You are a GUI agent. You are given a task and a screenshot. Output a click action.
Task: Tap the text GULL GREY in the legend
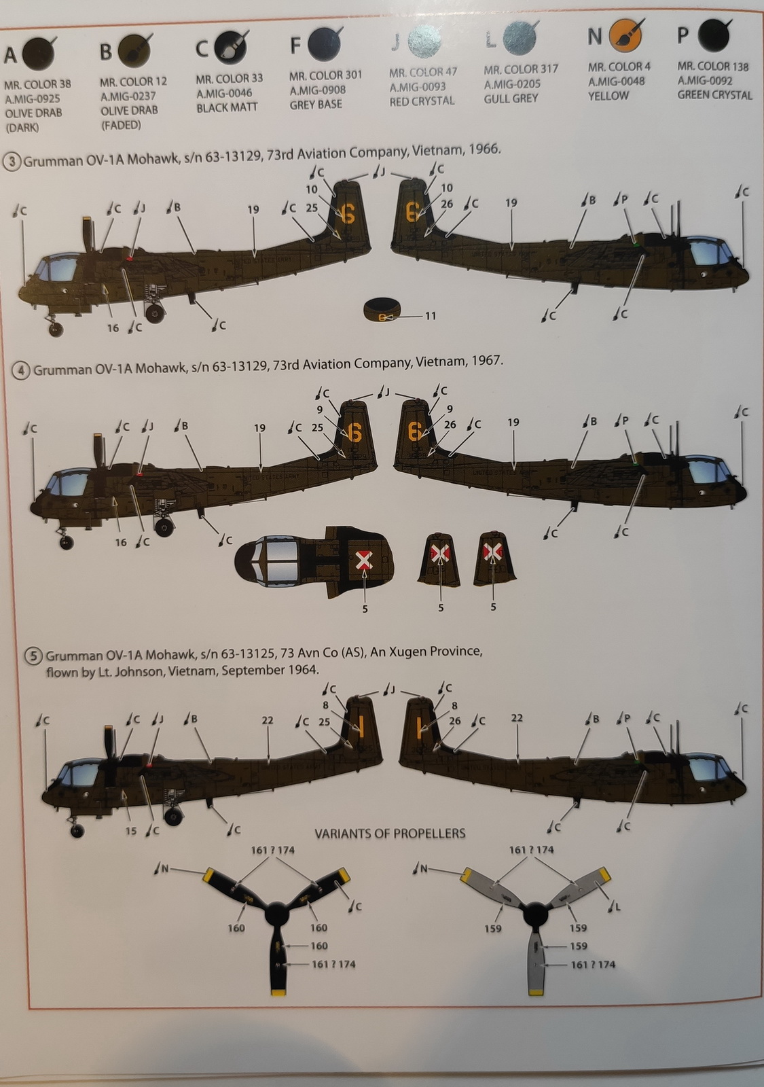tap(511, 99)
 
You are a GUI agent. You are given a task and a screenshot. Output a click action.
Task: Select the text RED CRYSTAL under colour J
tap(422, 101)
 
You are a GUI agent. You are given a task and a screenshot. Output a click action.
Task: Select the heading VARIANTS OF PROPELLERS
tap(390, 833)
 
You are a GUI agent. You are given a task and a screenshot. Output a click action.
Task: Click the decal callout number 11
tap(430, 316)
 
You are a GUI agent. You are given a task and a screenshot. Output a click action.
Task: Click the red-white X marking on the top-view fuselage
tap(365, 560)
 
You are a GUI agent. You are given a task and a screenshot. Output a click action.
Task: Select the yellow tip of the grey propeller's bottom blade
tap(535, 992)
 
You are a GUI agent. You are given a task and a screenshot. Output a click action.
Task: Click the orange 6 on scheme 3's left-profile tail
tap(346, 214)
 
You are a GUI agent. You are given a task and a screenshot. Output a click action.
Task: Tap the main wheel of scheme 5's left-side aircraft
tap(174, 815)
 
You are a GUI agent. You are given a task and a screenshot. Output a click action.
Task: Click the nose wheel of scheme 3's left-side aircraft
tap(56, 329)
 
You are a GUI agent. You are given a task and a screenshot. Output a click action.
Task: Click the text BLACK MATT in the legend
tap(227, 108)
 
